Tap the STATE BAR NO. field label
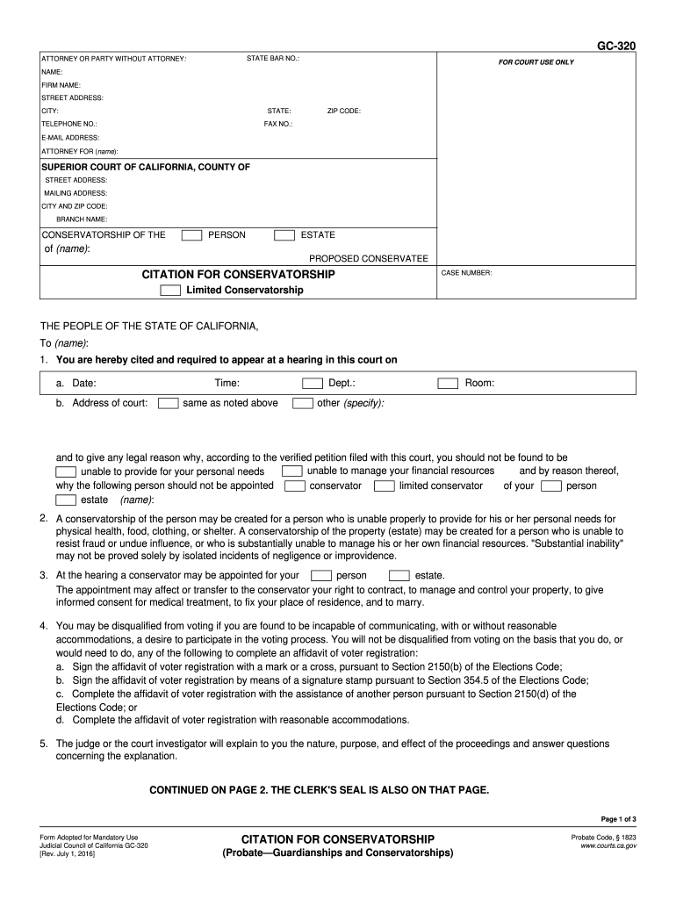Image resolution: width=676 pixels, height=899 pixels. [x=273, y=59]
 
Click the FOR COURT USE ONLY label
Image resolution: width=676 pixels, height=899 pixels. [x=536, y=62]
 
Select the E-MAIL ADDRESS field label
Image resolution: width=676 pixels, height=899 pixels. [x=70, y=138]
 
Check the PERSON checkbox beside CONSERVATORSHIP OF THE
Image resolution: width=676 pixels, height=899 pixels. [x=191, y=235]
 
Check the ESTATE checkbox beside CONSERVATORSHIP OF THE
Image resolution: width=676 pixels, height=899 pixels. [x=284, y=235]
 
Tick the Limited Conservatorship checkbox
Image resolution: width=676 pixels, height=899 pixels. [x=170, y=291]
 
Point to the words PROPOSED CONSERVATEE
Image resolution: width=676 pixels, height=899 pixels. [x=369, y=258]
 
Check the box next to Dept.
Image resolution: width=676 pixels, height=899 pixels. [x=313, y=384]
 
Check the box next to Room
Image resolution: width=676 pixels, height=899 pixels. [x=449, y=384]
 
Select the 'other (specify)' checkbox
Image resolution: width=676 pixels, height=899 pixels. [x=303, y=404]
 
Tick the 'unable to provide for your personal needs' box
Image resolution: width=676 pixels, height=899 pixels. [x=66, y=472]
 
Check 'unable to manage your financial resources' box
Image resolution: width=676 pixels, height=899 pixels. [x=292, y=471]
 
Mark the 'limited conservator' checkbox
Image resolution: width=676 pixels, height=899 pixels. [x=384, y=486]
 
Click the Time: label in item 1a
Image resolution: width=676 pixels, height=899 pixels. [x=227, y=384]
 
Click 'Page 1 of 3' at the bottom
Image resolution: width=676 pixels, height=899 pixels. [x=618, y=819]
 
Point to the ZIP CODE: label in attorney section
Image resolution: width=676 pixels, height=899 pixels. [x=344, y=111]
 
